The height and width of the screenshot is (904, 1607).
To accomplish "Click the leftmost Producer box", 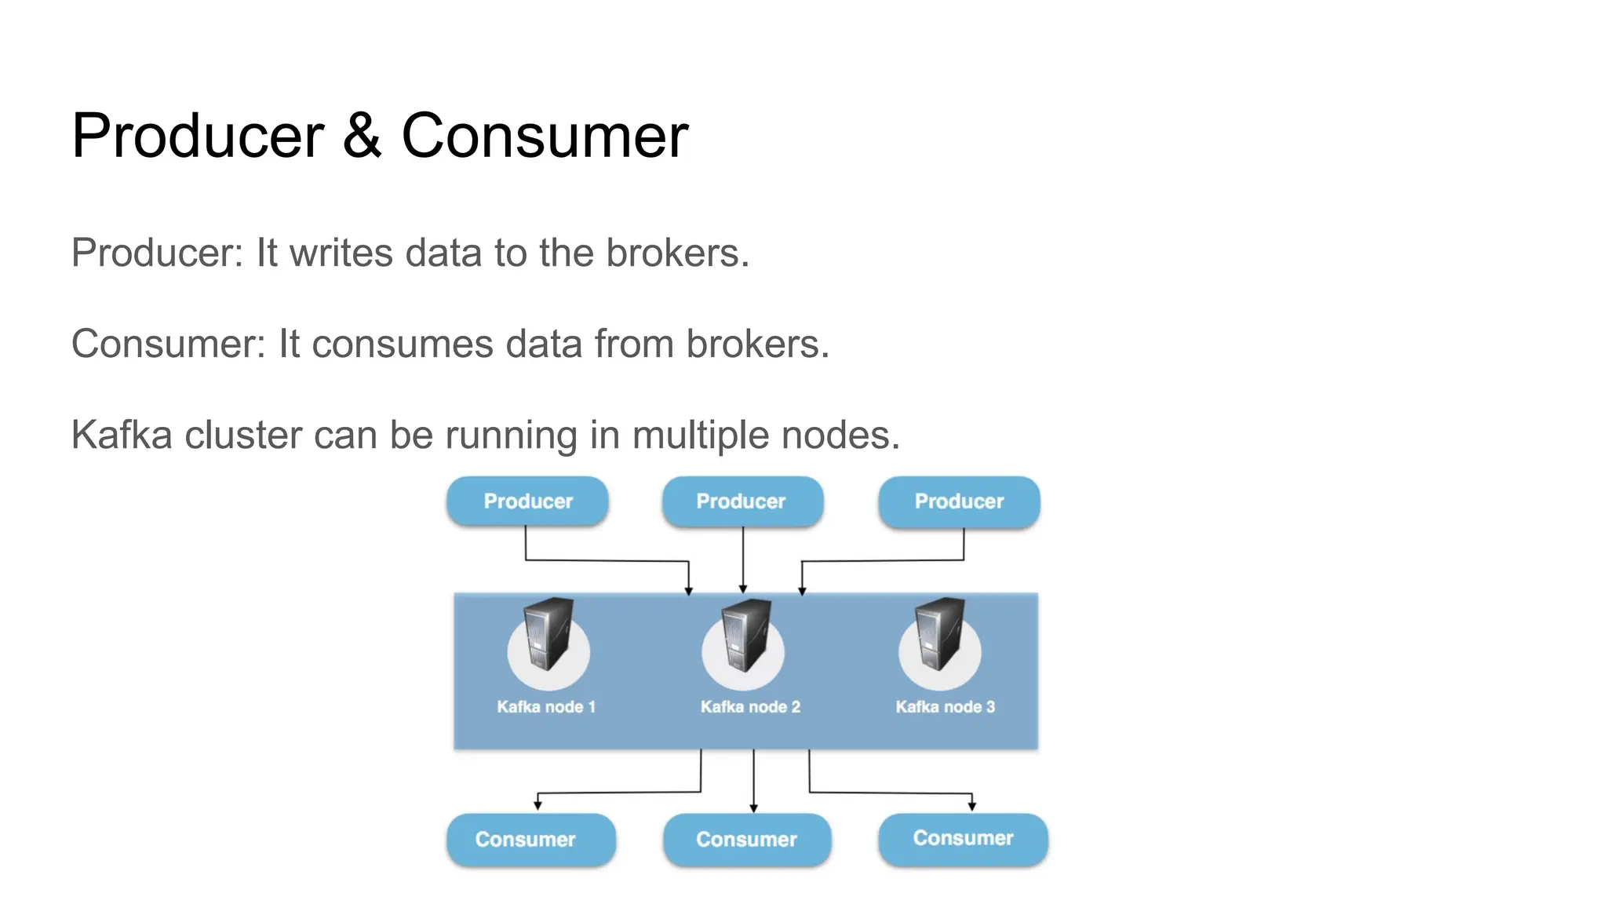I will click(x=527, y=501).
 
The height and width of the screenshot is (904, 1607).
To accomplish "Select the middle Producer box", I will click(x=742, y=501).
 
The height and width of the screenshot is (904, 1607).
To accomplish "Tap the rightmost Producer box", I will click(x=959, y=501).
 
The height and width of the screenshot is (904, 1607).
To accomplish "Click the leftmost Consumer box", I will click(x=530, y=839).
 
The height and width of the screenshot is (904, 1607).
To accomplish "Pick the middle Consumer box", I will click(x=746, y=839).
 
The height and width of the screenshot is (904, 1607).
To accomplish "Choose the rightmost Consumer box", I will click(x=963, y=838).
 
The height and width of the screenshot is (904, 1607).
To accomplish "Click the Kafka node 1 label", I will click(x=546, y=707).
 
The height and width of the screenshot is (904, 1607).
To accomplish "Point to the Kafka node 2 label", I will click(x=750, y=707).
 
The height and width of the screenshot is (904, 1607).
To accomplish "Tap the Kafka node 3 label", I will click(x=945, y=707).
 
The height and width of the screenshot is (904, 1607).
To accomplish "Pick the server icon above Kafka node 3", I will click(x=940, y=635).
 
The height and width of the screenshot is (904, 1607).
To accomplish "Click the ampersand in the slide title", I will click(x=362, y=136).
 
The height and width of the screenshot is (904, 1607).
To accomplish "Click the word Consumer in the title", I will click(x=545, y=136).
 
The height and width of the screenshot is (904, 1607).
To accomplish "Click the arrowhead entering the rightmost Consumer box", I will click(x=971, y=806).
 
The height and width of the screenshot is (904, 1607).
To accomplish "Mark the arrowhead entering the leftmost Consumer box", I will click(x=537, y=804).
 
